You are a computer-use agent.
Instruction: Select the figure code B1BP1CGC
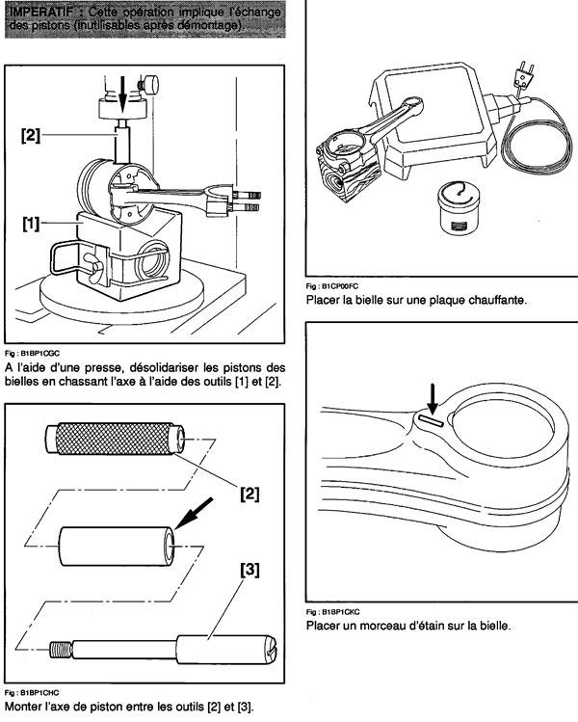coord(39,354)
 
